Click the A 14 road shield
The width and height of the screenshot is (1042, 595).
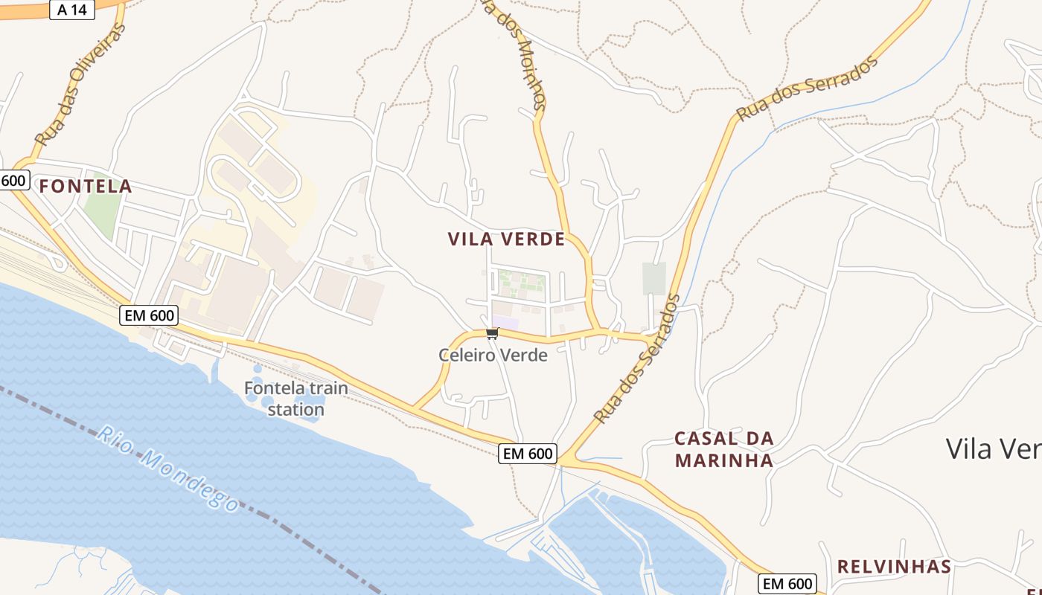coord(71,10)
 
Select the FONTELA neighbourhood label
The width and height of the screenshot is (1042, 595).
coord(86,187)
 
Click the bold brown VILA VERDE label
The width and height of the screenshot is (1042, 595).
coord(506,239)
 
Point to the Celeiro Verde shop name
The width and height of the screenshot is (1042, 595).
coord(493,356)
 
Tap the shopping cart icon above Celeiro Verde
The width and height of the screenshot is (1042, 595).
coord(491,334)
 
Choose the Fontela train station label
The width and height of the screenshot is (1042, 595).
coord(295,399)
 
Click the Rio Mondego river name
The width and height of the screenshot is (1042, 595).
coord(168,469)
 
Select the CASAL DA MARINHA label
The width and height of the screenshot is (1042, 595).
coord(724,449)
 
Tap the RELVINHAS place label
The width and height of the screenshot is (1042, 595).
coord(894,567)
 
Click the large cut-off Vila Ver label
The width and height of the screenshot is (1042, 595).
coord(993,449)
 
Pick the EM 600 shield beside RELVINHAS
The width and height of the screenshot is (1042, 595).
coord(787,584)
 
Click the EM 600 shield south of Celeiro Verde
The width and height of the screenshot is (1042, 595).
coord(527,454)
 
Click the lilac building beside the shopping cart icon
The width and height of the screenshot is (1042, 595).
coord(505,322)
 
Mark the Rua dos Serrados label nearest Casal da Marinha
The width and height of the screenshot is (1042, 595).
coord(637,359)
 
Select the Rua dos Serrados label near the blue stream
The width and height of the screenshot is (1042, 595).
coord(807,88)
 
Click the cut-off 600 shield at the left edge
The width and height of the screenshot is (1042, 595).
coord(13,180)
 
